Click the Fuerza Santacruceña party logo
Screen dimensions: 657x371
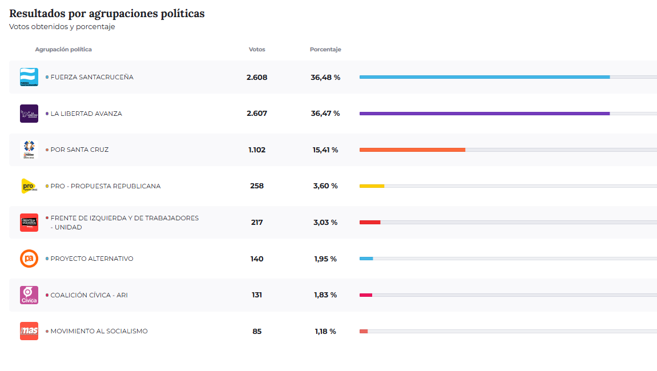click(29, 77)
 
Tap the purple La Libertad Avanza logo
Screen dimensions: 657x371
click(29, 114)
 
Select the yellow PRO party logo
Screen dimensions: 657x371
click(29, 186)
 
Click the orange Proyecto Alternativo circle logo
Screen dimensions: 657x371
click(29, 259)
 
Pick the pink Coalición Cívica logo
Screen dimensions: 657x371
click(29, 295)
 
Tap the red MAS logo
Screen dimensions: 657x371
click(29, 331)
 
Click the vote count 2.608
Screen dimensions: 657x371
click(257, 78)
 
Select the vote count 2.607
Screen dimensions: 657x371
click(257, 114)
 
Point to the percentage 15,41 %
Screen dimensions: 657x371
click(325, 150)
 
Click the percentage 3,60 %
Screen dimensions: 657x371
click(325, 186)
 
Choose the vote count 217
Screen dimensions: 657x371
click(257, 223)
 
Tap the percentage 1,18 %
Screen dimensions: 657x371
click(325, 332)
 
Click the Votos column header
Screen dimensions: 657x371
click(257, 50)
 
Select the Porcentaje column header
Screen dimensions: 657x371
click(325, 50)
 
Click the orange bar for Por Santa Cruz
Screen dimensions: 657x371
click(412, 150)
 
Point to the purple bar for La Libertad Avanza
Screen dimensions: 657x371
click(484, 114)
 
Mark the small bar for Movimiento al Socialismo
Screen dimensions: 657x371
click(364, 331)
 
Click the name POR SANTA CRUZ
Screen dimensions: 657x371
click(79, 150)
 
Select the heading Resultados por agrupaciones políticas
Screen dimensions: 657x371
click(107, 14)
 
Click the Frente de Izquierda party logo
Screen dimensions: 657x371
click(29, 223)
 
